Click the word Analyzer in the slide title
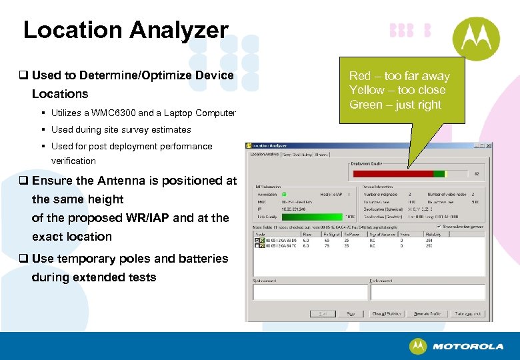pos(179,30)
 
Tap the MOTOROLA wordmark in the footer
pos(467,347)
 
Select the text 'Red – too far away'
pos(399,76)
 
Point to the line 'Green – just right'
pos(395,105)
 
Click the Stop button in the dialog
pos(350,313)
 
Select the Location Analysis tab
pos(264,155)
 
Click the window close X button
pos(487,146)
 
